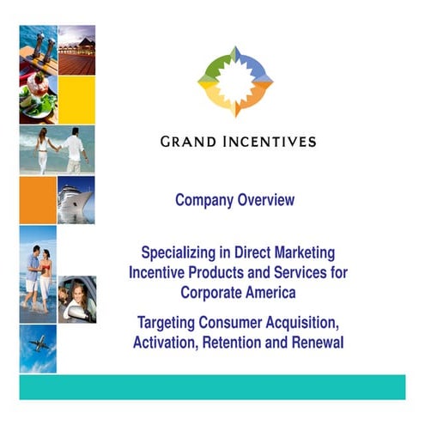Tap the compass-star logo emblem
(235, 82)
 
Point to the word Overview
(267, 200)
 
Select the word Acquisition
(296, 324)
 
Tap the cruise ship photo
(76, 200)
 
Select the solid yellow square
(76, 100)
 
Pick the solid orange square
(38, 200)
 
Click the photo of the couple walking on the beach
(57, 150)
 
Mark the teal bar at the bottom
(212, 386)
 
